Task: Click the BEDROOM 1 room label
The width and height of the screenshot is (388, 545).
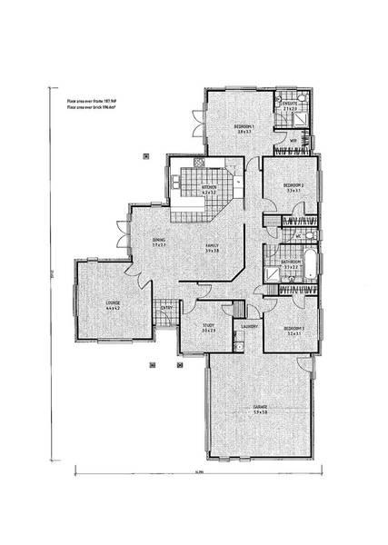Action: click(x=244, y=126)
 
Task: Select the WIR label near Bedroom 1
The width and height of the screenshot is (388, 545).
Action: click(x=293, y=142)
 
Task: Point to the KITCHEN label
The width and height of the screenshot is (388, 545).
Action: click(x=209, y=187)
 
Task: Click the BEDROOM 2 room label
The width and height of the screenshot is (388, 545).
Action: click(x=293, y=184)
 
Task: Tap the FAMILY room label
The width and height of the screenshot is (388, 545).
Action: click(x=211, y=244)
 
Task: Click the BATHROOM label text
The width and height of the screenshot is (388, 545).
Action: click(x=291, y=263)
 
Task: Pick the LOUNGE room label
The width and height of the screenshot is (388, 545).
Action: click(x=113, y=303)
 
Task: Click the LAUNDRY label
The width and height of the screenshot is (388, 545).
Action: click(x=250, y=326)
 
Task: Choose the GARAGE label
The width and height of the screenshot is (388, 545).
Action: click(x=260, y=407)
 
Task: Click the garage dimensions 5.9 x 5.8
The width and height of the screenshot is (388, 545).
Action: click(x=260, y=413)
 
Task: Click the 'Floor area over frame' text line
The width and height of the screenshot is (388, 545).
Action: click(x=88, y=102)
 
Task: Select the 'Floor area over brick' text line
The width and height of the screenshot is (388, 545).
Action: click(x=88, y=108)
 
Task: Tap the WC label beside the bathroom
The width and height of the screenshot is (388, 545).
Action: click(x=299, y=238)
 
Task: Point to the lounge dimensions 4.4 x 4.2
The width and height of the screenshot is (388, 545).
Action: click(x=113, y=310)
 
